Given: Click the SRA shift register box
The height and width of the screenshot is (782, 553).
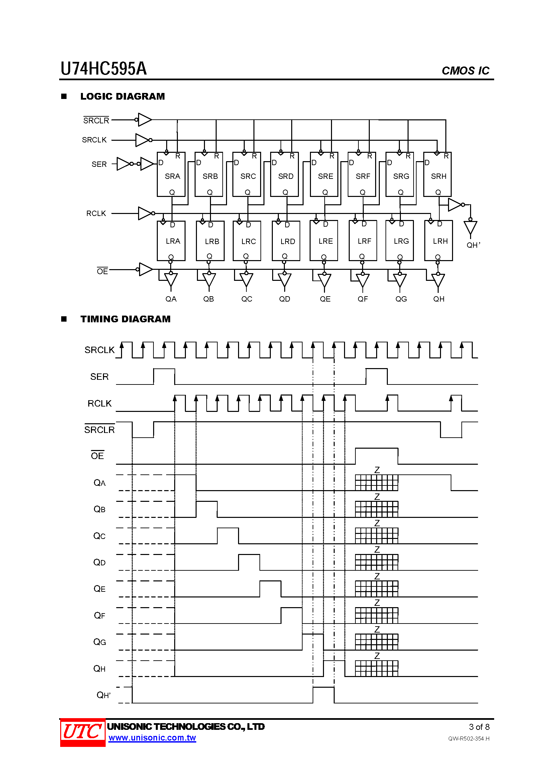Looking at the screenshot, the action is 171,174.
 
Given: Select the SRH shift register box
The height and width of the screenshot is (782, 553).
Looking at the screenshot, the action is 437,174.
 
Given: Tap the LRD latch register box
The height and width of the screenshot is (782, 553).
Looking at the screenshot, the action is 286,241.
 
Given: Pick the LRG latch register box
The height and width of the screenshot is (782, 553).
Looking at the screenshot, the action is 400,240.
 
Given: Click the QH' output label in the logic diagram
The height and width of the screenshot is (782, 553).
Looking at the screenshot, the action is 473,245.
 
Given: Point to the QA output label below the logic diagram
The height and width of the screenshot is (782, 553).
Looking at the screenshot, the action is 171,299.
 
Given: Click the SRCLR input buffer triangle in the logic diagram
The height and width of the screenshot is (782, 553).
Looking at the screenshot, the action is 145,120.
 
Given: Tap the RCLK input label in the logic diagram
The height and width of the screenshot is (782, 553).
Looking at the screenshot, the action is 96,213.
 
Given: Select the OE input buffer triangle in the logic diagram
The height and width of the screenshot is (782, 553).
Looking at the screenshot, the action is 146,269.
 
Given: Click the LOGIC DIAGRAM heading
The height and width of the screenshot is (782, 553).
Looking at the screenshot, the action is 123,96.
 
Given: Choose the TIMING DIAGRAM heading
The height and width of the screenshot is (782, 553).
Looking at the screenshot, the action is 125,319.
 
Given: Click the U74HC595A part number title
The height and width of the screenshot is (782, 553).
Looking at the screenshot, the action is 104,69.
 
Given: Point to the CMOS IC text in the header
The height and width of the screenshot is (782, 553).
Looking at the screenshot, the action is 465,71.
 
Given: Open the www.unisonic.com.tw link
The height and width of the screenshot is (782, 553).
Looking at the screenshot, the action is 152,738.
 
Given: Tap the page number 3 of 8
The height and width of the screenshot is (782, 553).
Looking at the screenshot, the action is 479,727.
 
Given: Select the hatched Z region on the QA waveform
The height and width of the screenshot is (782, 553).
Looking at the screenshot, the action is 376,483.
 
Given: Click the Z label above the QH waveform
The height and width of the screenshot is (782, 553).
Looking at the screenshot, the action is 377,656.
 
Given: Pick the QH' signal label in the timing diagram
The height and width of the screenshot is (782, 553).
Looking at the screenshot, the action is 104,695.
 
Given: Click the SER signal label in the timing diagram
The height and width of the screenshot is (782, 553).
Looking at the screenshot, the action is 99,377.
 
